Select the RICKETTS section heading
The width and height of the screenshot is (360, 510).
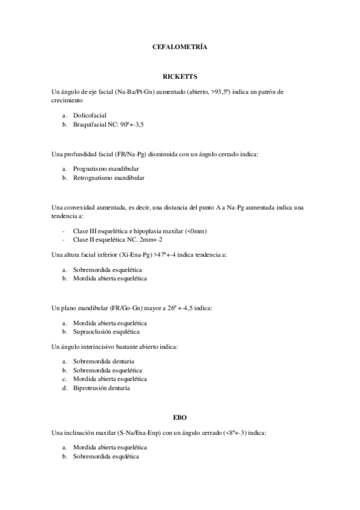(x=180, y=77)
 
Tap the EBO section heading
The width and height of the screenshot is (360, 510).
(x=180, y=417)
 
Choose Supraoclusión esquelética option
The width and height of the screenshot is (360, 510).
(x=106, y=331)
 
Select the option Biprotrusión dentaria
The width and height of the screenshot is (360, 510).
(x=102, y=388)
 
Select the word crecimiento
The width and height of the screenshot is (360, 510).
(x=68, y=100)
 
